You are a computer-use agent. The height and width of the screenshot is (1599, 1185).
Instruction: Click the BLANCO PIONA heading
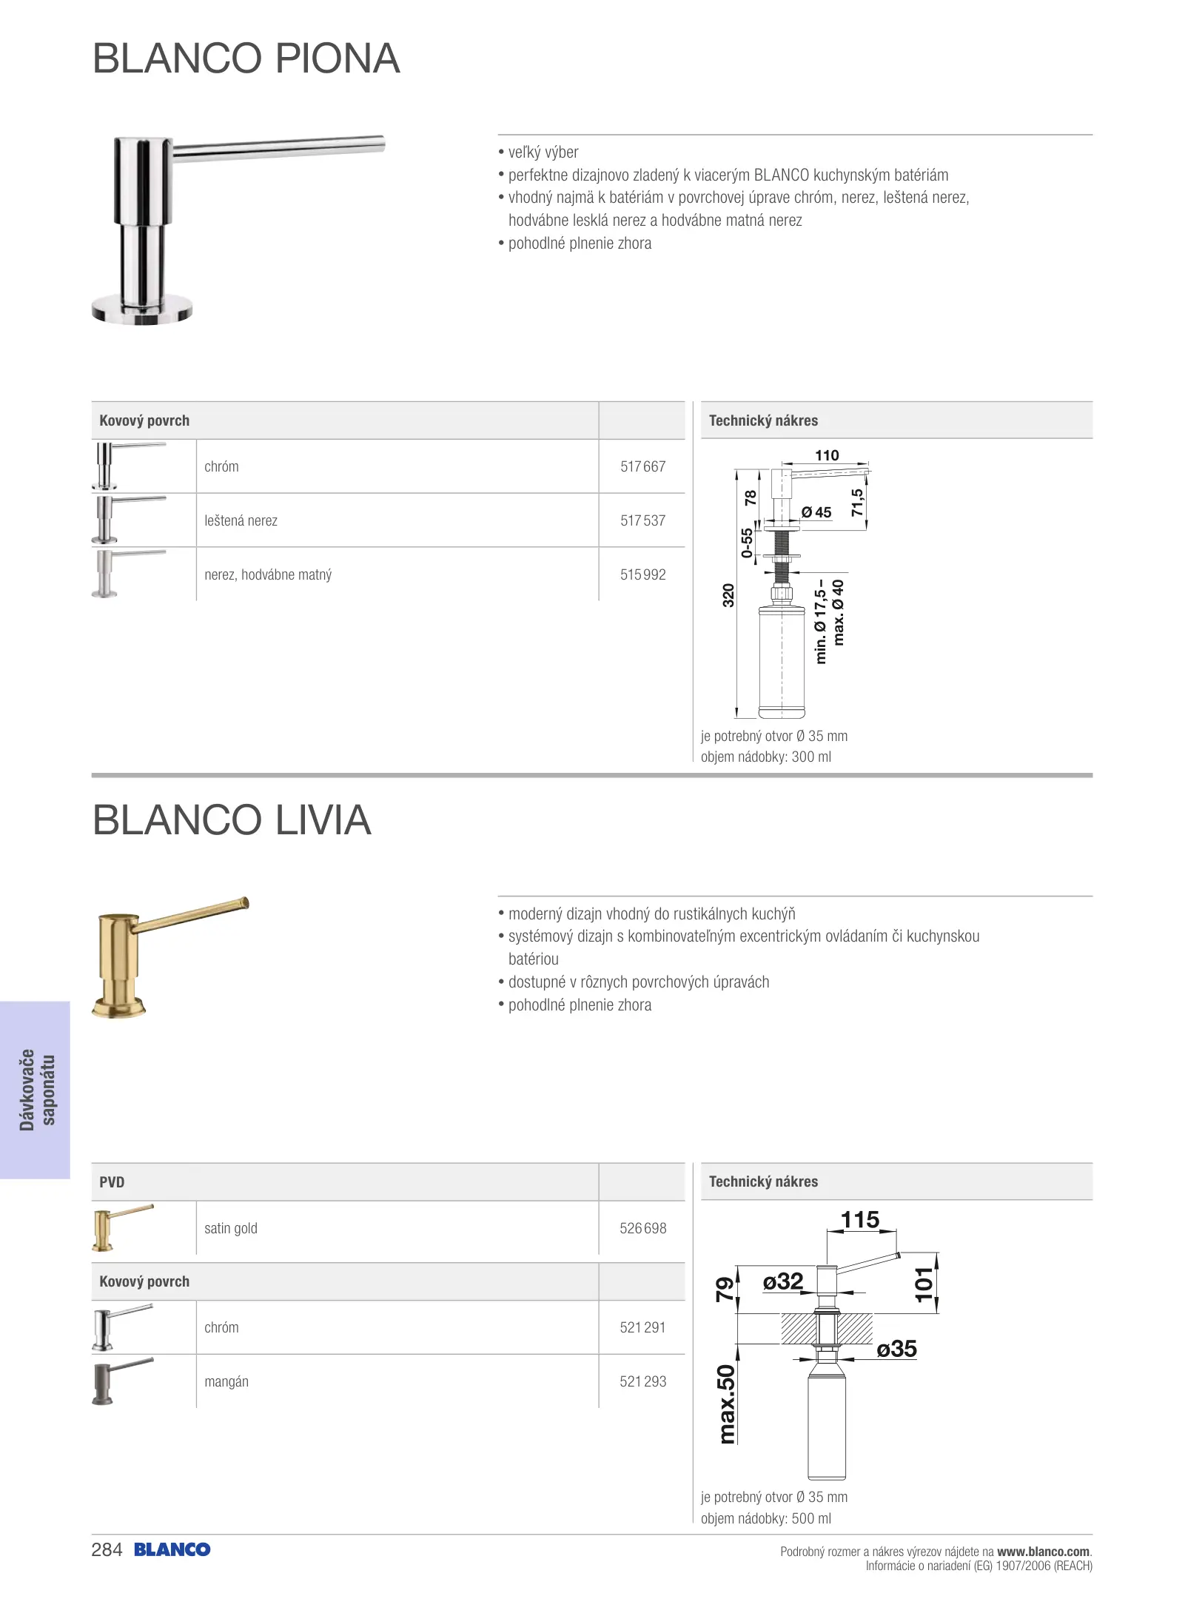click(246, 58)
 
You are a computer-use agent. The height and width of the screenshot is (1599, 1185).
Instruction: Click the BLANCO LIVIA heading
click(232, 820)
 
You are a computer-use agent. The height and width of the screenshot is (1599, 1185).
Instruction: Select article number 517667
click(642, 466)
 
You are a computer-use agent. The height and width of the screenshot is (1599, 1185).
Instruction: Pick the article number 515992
click(642, 574)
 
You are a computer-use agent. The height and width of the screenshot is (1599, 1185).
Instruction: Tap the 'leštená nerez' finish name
click(241, 520)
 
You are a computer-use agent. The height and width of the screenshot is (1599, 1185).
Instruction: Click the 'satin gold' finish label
click(231, 1228)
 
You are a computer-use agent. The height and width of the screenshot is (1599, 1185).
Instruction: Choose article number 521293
click(642, 1381)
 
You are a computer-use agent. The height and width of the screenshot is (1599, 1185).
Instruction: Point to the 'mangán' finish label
click(226, 1381)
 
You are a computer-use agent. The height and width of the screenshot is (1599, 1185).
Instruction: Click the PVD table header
click(113, 1182)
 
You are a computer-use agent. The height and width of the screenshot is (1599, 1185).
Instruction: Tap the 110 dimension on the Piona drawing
click(827, 455)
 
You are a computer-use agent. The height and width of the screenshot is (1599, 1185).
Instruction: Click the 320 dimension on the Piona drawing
click(728, 595)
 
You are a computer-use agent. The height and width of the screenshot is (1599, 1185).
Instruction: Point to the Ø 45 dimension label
click(816, 512)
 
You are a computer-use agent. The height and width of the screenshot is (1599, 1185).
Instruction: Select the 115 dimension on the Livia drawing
click(860, 1220)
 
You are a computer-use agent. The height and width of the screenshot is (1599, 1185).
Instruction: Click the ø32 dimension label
click(783, 1281)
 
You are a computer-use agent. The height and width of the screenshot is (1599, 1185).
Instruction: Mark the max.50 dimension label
click(727, 1404)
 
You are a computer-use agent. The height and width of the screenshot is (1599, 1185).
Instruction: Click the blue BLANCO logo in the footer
click(172, 1549)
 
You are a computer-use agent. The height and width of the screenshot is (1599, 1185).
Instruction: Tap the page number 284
click(107, 1549)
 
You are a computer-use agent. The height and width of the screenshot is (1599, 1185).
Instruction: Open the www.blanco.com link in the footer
click(1043, 1551)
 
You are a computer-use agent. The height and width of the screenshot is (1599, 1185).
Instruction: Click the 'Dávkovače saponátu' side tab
click(36, 1089)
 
